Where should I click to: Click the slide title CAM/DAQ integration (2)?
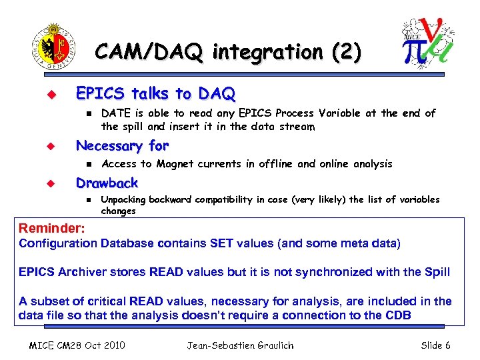[x=229, y=51]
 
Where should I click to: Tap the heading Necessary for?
[x=122, y=145]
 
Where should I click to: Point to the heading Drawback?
[x=107, y=183]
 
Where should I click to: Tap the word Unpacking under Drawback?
[x=123, y=200]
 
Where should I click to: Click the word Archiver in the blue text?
[x=85, y=272]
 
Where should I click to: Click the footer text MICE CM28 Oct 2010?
[x=79, y=345]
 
